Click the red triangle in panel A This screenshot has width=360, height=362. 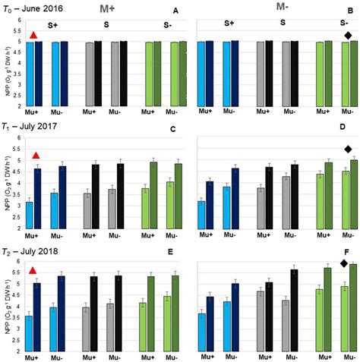[33, 36]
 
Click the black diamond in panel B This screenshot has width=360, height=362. [347, 36]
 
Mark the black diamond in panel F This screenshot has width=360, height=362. [343, 263]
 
